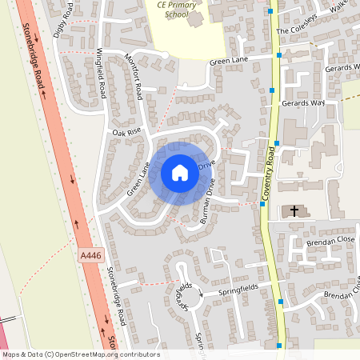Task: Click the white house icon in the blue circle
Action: (x=180, y=173)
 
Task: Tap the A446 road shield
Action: (x=90, y=254)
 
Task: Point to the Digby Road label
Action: (x=62, y=19)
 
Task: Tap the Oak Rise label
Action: (x=126, y=131)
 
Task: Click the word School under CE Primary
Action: (x=172, y=14)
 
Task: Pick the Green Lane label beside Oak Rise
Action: (x=138, y=181)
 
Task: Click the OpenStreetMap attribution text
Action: (x=80, y=354)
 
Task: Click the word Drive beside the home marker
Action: (x=206, y=165)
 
